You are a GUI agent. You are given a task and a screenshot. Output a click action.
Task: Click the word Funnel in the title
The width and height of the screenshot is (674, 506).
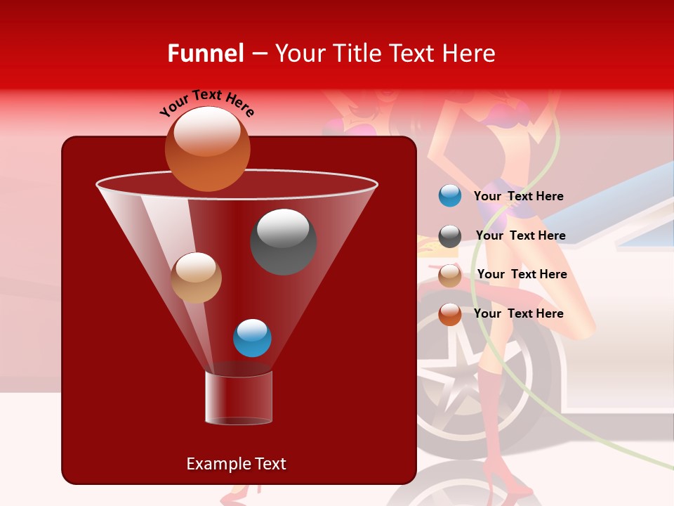click(x=205, y=53)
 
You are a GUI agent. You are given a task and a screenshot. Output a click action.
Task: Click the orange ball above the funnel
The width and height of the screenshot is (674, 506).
click(x=207, y=149)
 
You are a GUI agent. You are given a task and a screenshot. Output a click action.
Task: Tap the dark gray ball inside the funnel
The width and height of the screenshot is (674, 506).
click(x=283, y=241)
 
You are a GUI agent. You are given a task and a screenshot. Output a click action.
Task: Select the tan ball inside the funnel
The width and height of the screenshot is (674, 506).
click(x=196, y=278)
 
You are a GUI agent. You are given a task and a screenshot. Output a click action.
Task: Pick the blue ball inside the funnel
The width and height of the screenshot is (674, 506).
click(x=252, y=337)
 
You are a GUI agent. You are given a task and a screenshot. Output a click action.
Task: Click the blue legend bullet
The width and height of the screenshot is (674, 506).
click(x=450, y=196)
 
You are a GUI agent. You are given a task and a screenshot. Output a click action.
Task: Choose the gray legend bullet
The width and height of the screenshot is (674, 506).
click(x=450, y=236)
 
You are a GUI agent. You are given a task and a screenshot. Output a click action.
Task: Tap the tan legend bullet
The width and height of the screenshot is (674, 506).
click(x=450, y=275)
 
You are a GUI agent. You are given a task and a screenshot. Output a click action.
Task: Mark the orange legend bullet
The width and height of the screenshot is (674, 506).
click(x=450, y=314)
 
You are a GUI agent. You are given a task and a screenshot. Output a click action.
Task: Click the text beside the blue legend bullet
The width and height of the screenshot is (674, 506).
click(x=518, y=197)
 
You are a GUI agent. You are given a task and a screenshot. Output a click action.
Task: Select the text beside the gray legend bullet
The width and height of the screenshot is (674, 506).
click(x=520, y=235)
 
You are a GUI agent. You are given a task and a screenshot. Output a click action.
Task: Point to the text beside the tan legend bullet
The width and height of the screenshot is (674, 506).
click(x=522, y=274)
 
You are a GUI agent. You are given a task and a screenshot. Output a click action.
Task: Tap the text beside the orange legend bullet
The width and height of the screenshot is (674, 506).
click(x=518, y=313)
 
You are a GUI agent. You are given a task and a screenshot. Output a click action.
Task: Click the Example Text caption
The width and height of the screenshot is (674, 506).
click(x=236, y=464)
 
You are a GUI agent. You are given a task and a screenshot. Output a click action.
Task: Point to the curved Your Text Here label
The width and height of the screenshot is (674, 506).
click(x=206, y=102)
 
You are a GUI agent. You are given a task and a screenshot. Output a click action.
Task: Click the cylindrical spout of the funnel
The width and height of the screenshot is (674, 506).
click(x=239, y=397)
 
